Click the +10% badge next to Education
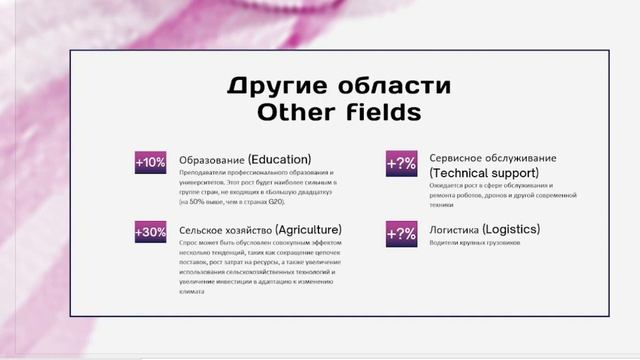(x=151, y=162)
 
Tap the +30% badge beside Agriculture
(x=151, y=233)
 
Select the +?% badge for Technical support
(x=401, y=163)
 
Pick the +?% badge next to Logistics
(x=401, y=234)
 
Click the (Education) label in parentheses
(x=279, y=159)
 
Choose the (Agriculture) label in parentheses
(x=308, y=229)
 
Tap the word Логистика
(x=453, y=230)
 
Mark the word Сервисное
(x=456, y=158)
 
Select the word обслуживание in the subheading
(x=521, y=158)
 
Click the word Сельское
(x=202, y=230)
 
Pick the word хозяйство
(x=249, y=230)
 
